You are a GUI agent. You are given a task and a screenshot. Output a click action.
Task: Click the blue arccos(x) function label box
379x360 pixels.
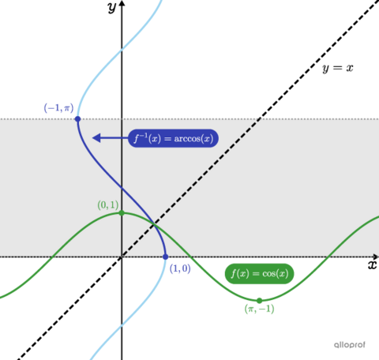click(172, 138)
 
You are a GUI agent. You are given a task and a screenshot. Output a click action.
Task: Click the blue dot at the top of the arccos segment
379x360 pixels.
click(77, 118)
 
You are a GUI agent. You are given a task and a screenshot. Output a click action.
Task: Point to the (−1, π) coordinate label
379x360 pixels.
click(58, 109)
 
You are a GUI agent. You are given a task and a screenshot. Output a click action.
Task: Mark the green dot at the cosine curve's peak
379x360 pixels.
click(122, 213)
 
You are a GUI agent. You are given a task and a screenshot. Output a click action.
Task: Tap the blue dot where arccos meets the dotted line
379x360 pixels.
click(165, 257)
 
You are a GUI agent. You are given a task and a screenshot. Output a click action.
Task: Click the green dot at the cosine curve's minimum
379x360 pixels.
click(259, 300)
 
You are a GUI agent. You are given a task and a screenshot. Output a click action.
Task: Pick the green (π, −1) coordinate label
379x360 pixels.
click(259, 309)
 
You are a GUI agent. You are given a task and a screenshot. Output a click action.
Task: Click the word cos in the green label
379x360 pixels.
click(270, 274)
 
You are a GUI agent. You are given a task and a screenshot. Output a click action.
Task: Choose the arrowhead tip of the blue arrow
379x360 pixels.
click(93, 138)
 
